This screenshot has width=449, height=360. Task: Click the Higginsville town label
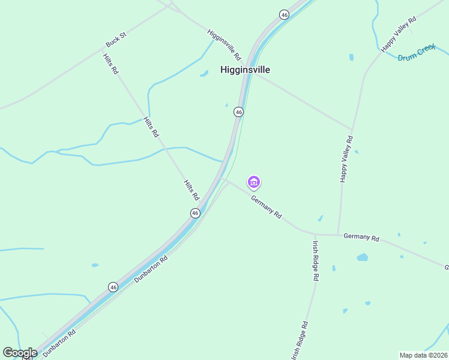(x=245, y=70)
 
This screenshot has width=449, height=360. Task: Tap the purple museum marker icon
(x=254, y=182)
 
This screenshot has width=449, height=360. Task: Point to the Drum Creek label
(x=417, y=55)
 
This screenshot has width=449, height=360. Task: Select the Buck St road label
(x=116, y=40)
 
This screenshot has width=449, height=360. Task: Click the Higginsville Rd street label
(x=224, y=44)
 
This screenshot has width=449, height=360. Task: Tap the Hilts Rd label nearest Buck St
(x=110, y=64)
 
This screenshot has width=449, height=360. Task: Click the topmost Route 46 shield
(x=284, y=14)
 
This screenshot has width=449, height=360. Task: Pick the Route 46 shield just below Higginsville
(x=238, y=112)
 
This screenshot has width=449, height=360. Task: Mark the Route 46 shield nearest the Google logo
(x=113, y=287)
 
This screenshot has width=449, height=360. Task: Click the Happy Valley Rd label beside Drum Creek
(x=399, y=34)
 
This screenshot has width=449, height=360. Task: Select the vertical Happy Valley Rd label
(x=346, y=158)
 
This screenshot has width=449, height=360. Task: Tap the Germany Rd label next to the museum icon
(x=266, y=206)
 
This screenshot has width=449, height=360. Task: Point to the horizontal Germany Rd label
(x=361, y=238)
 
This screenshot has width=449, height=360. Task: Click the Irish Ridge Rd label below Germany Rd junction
(x=315, y=261)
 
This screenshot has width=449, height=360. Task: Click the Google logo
(x=20, y=353)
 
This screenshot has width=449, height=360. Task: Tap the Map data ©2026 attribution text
(x=423, y=355)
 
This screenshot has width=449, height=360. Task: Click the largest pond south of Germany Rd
(x=362, y=257)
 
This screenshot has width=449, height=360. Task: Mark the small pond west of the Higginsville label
(x=204, y=74)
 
